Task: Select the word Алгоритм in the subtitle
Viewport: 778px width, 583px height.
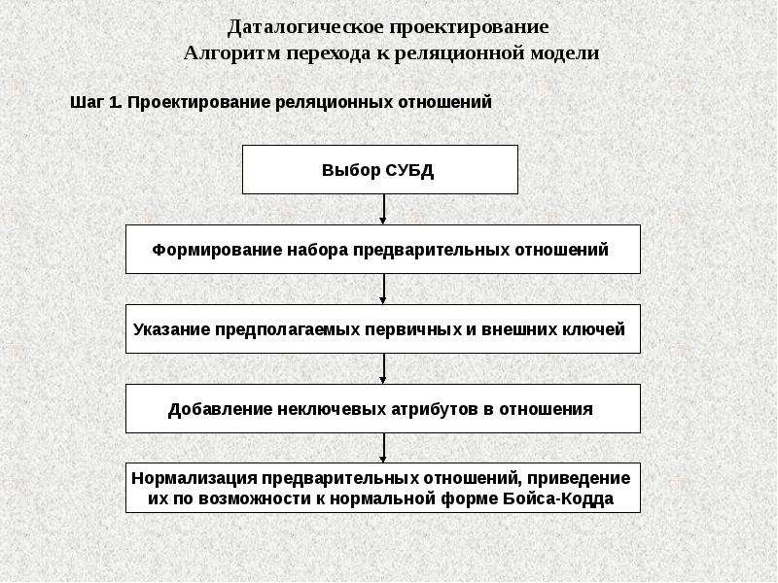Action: coord(232,53)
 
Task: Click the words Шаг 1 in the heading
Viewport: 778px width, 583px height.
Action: coord(95,102)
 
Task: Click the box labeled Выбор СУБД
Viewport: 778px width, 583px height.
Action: coord(380,169)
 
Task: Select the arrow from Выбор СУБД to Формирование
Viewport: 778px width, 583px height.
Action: coord(382,209)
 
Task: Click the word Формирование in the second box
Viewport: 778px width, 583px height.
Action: coord(217,250)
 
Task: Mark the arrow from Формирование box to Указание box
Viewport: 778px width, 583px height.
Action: coord(382,289)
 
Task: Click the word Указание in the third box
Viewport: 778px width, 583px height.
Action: coord(172,329)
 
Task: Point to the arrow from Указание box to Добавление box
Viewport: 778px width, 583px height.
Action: coord(382,368)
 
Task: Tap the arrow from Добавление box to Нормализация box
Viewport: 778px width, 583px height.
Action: coord(382,448)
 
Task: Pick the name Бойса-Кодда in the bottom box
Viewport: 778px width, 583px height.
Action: coord(558,498)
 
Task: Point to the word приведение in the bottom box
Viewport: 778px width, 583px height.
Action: coord(579,478)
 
